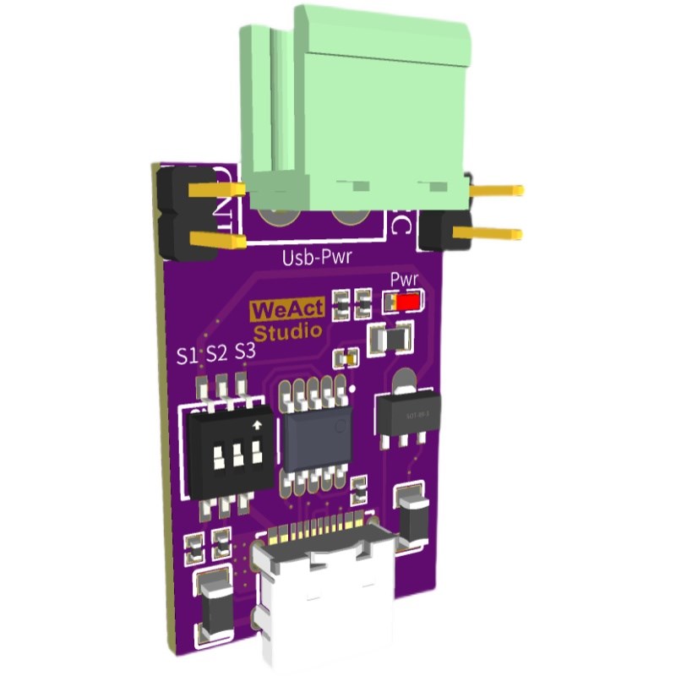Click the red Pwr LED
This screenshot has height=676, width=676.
[410, 302]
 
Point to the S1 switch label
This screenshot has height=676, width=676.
[188, 356]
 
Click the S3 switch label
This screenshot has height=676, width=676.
[245, 351]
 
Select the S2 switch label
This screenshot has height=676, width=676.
[217, 353]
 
